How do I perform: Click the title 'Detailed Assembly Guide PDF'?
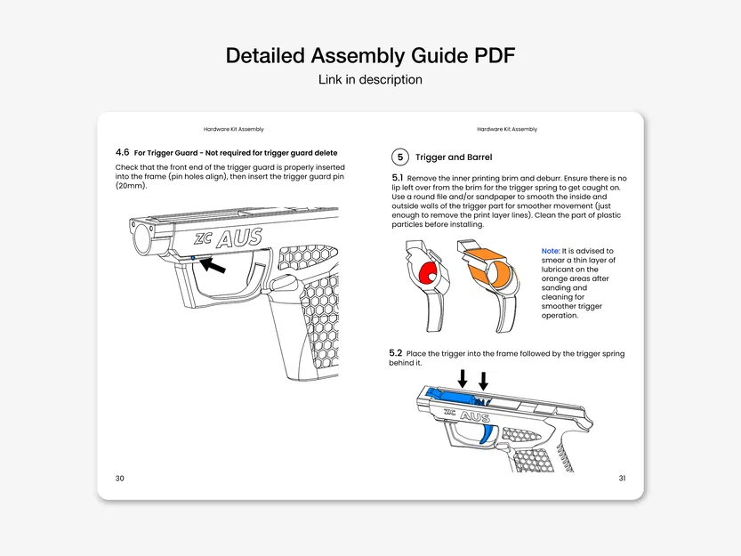pyautogui.click(x=370, y=55)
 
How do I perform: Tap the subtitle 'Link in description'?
pyautogui.click(x=370, y=80)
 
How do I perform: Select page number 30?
pyautogui.click(x=120, y=479)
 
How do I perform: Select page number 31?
pyautogui.click(x=622, y=479)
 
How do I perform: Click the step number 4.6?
pyautogui.click(x=123, y=153)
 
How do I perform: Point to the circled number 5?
pyautogui.click(x=400, y=157)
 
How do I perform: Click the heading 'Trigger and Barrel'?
pyautogui.click(x=466, y=157)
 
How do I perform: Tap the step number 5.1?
pyautogui.click(x=397, y=179)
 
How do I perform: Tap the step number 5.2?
pyautogui.click(x=396, y=353)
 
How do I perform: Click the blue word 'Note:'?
pyautogui.click(x=551, y=252)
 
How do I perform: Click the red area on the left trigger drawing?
pyautogui.click(x=428, y=275)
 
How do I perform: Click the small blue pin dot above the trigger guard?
pyautogui.click(x=193, y=257)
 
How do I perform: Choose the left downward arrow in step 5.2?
pyautogui.click(x=462, y=379)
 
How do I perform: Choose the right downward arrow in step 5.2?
pyautogui.click(x=483, y=380)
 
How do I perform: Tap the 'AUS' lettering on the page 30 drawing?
pyautogui.click(x=238, y=238)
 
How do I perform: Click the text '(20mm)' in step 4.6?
pyautogui.click(x=131, y=186)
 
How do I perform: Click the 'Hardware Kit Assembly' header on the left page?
pyautogui.click(x=233, y=130)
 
